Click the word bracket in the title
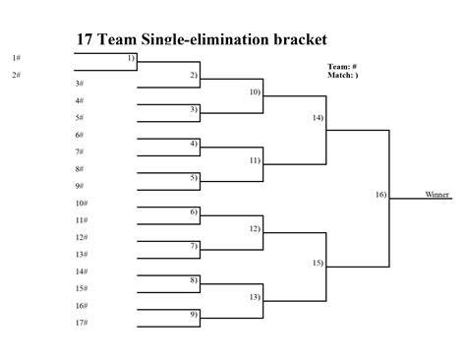[x=300, y=39]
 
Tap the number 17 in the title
[x=85, y=39]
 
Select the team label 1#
[x=17, y=58]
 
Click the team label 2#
[x=17, y=75]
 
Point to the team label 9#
[x=80, y=186]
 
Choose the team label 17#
[x=82, y=323]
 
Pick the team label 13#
[x=82, y=255]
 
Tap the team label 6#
[x=80, y=135]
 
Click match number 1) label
[x=131, y=58]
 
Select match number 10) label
[x=255, y=92]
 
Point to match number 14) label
[x=318, y=118]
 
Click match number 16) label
[x=380, y=195]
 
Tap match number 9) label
[x=194, y=315]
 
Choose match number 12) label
[x=255, y=229]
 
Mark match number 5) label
[x=194, y=178]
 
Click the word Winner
[x=437, y=195]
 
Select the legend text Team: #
[x=342, y=67]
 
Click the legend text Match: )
[x=343, y=75]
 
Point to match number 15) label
[x=318, y=263]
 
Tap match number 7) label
[x=194, y=246]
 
